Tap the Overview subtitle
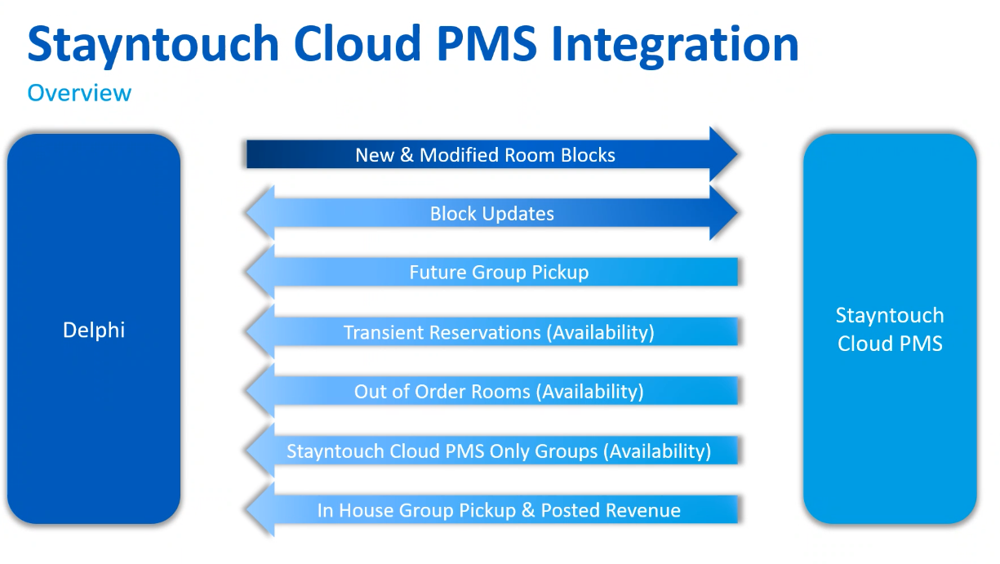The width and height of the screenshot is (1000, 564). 79,93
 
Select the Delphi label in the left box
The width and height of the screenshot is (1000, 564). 94,330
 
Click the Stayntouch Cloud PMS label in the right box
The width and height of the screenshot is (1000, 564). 890,330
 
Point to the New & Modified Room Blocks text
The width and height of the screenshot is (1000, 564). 485,155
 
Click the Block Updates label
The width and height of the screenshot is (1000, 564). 492,214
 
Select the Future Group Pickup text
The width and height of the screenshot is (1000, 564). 499,273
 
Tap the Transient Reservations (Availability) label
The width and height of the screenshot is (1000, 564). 499,332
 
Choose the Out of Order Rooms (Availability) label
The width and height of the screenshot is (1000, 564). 499,392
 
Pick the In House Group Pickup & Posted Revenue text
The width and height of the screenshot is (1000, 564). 499,511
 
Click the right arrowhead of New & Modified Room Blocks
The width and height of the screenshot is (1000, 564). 723,154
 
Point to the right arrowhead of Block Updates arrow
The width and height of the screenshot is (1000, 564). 723,213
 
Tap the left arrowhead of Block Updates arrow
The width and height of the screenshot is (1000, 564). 260,214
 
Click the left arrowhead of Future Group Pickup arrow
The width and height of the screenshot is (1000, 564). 260,273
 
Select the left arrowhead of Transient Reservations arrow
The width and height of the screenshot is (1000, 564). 260,332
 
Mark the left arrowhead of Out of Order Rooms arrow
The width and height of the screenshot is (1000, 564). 260,392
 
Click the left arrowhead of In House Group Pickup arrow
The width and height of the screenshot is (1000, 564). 260,511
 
